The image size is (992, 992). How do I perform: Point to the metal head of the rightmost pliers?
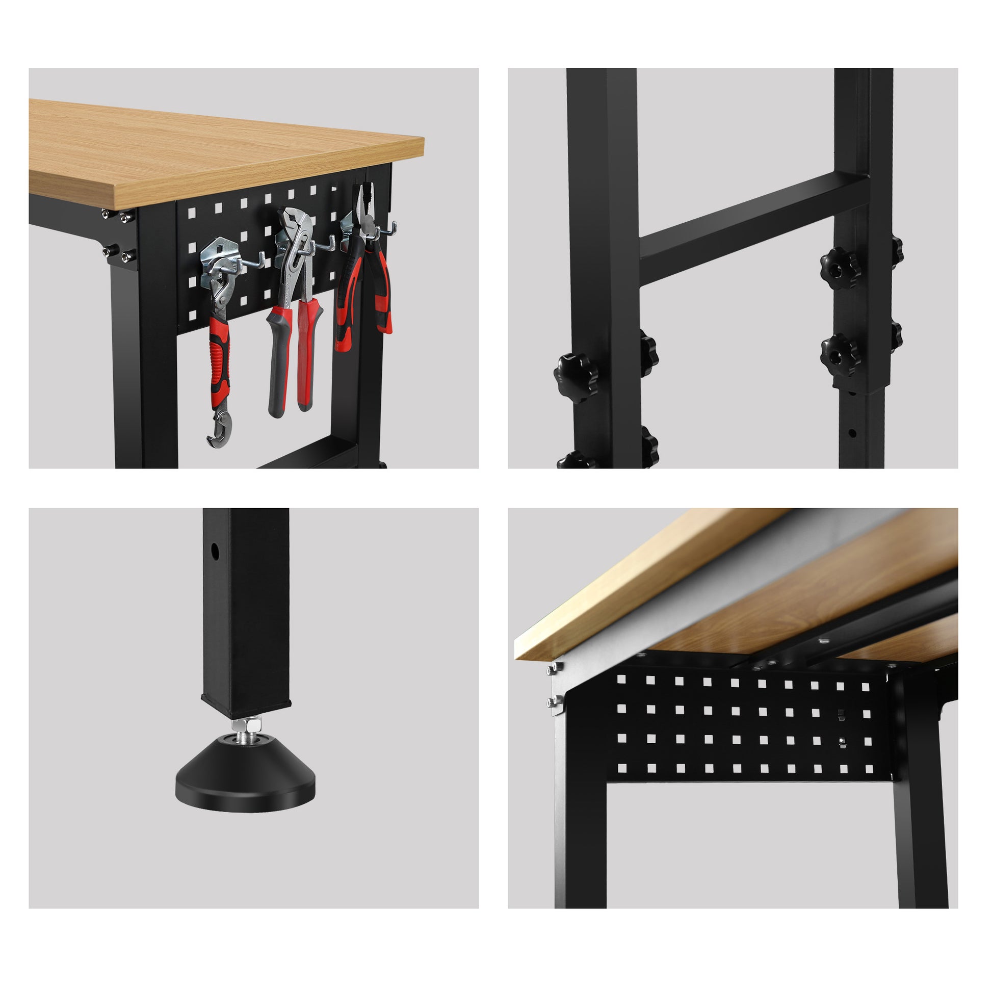click(x=366, y=211)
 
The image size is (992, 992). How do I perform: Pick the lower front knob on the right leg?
click(x=839, y=354)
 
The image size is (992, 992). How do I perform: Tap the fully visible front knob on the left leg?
click(x=576, y=377)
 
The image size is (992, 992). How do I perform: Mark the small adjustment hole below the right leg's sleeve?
click(x=851, y=433)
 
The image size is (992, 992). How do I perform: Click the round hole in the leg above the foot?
click(x=215, y=552)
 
